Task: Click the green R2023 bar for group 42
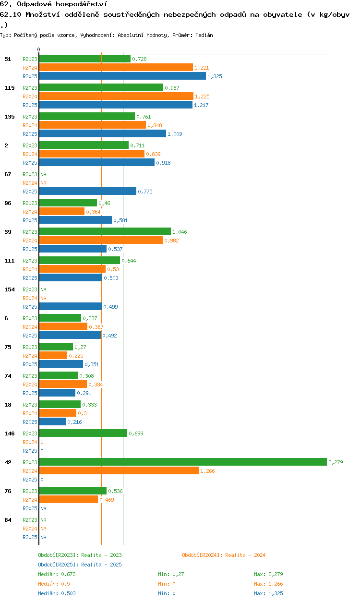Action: [183, 462]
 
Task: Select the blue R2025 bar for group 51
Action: [122, 76]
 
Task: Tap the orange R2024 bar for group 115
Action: [116, 96]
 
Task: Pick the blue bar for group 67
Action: [87, 192]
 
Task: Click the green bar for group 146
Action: [83, 433]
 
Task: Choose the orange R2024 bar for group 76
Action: [69, 500]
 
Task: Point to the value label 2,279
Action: [336, 462]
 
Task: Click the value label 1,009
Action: [175, 134]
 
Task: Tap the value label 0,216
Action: [74, 422]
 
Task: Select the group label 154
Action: [10, 289]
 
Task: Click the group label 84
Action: [8, 520]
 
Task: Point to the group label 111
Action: [10, 261]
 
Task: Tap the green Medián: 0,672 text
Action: [57, 574]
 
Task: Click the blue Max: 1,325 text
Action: [268, 593]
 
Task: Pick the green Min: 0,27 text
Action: [171, 574]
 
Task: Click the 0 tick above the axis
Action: [39, 49]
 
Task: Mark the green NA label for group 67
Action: [43, 174]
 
